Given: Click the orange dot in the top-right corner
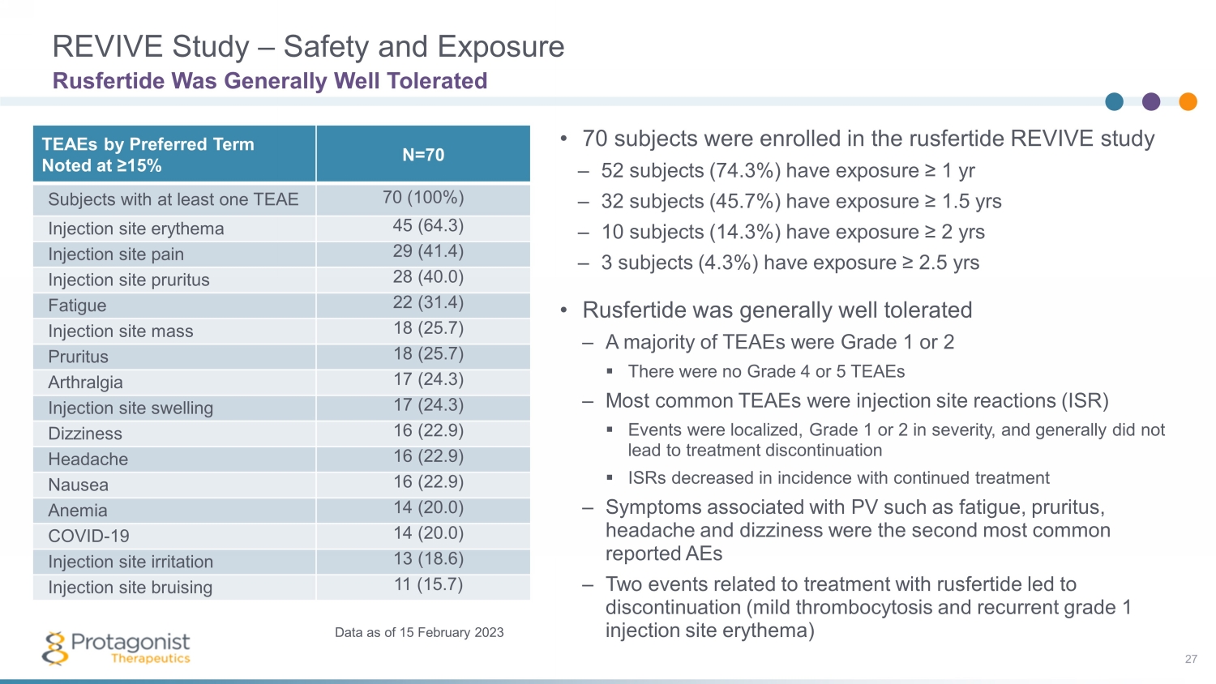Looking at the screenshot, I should (1188, 101).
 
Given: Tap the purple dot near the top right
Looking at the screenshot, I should (1151, 101).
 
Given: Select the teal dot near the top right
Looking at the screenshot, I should (1115, 101).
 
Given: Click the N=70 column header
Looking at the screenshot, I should (423, 155).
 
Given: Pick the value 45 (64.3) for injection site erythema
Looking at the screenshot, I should (428, 226).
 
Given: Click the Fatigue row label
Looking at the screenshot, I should (77, 306).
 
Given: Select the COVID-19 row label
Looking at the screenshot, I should (88, 537).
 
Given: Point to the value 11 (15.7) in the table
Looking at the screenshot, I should (428, 585).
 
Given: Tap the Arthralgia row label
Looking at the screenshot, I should (85, 383).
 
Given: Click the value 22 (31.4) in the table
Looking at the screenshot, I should (428, 303).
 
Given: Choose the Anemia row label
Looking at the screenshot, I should (78, 511).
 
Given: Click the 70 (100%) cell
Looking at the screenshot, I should (423, 198).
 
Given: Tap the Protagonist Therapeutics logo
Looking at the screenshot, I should (116, 648).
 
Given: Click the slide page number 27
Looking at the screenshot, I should (1191, 659).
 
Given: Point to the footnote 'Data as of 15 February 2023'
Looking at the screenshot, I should (419, 632).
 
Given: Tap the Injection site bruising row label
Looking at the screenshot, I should (130, 588).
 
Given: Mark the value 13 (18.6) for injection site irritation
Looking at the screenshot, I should (428, 559).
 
